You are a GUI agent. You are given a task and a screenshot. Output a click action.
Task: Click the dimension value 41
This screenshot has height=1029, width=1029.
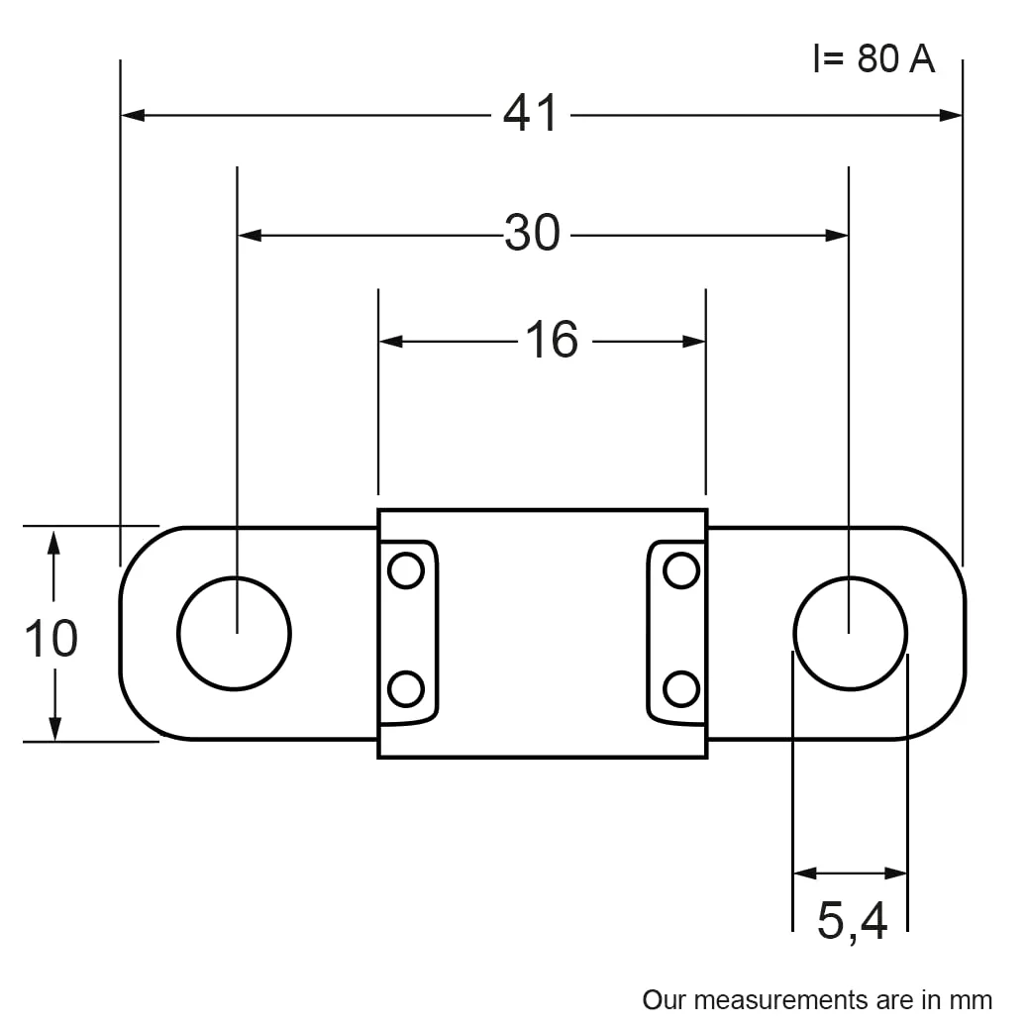(x=531, y=115)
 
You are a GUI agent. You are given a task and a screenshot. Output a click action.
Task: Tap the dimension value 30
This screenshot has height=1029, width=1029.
(x=533, y=234)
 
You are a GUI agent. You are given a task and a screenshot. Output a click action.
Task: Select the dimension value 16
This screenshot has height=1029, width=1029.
(x=551, y=340)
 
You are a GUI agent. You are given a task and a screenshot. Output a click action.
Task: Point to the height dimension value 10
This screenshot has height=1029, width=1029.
(x=51, y=638)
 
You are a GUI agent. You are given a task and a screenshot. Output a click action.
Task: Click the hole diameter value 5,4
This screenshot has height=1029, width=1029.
(x=852, y=921)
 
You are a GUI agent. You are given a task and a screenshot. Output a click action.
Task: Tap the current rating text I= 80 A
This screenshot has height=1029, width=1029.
(x=874, y=59)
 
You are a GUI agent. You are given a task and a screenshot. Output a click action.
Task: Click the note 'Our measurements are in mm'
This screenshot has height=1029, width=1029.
(x=817, y=999)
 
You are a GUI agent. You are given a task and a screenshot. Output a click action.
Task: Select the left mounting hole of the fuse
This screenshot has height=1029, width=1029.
(x=234, y=633)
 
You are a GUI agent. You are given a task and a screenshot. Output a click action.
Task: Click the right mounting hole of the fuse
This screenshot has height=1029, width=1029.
(x=850, y=633)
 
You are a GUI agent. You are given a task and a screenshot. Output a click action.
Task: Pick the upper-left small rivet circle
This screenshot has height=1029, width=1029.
(x=405, y=570)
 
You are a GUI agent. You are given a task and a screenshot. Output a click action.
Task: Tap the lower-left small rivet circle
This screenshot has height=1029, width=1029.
(x=405, y=688)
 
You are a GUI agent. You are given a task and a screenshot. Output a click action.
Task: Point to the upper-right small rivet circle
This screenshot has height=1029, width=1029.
(x=681, y=570)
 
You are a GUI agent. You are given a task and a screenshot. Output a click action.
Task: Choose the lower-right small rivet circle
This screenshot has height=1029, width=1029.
(x=681, y=688)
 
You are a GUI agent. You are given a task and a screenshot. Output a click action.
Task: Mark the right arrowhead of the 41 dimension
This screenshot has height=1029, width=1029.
(x=951, y=115)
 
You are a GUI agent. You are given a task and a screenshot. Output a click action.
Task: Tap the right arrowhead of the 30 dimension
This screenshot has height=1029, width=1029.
(x=837, y=236)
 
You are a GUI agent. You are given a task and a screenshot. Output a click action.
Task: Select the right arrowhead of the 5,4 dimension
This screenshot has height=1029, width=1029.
(x=896, y=874)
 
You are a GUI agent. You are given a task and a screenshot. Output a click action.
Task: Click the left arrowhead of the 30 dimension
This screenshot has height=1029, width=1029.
(x=250, y=236)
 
